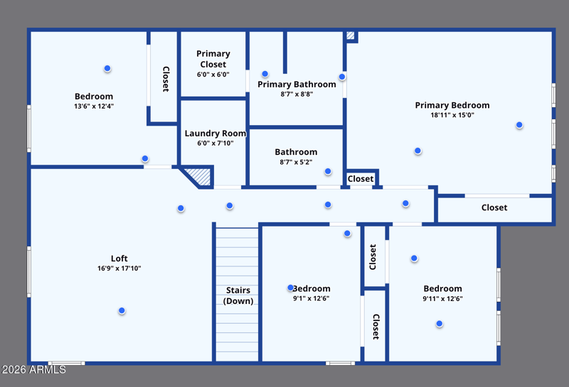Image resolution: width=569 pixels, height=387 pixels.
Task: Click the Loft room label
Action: click(119, 258)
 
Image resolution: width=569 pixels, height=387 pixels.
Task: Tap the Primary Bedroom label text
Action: click(452, 105)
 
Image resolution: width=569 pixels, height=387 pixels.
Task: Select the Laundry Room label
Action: click(215, 133)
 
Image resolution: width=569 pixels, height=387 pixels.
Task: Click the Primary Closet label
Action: click(213, 59)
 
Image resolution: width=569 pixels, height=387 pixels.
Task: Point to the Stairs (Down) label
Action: click(239, 295)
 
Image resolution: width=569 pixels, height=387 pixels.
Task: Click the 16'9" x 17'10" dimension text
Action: click(119, 268)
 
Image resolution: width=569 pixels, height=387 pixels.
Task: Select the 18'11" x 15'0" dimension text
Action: click(452, 115)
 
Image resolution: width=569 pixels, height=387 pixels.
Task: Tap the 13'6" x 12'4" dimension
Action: click(94, 107)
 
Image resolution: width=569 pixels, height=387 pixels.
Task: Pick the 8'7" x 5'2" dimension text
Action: click(296, 162)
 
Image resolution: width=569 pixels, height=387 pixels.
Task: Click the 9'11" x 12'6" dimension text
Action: click(442, 298)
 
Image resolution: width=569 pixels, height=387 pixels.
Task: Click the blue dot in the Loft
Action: click(122, 310)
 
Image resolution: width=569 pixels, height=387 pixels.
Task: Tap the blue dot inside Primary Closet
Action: click(265, 74)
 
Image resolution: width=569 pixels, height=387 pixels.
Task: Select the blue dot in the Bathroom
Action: click(328, 171)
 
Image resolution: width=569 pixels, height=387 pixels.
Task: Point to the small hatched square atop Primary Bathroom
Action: click(350, 35)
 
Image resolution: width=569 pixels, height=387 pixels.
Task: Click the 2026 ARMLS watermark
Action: click(34, 370)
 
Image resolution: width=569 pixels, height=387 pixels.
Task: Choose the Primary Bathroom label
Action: click(297, 85)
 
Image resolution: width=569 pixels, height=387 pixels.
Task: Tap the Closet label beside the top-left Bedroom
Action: click(166, 79)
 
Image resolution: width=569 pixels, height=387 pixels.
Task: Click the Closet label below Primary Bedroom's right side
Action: click(494, 207)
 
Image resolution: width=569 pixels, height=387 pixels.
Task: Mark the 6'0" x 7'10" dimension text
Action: click(215, 143)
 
